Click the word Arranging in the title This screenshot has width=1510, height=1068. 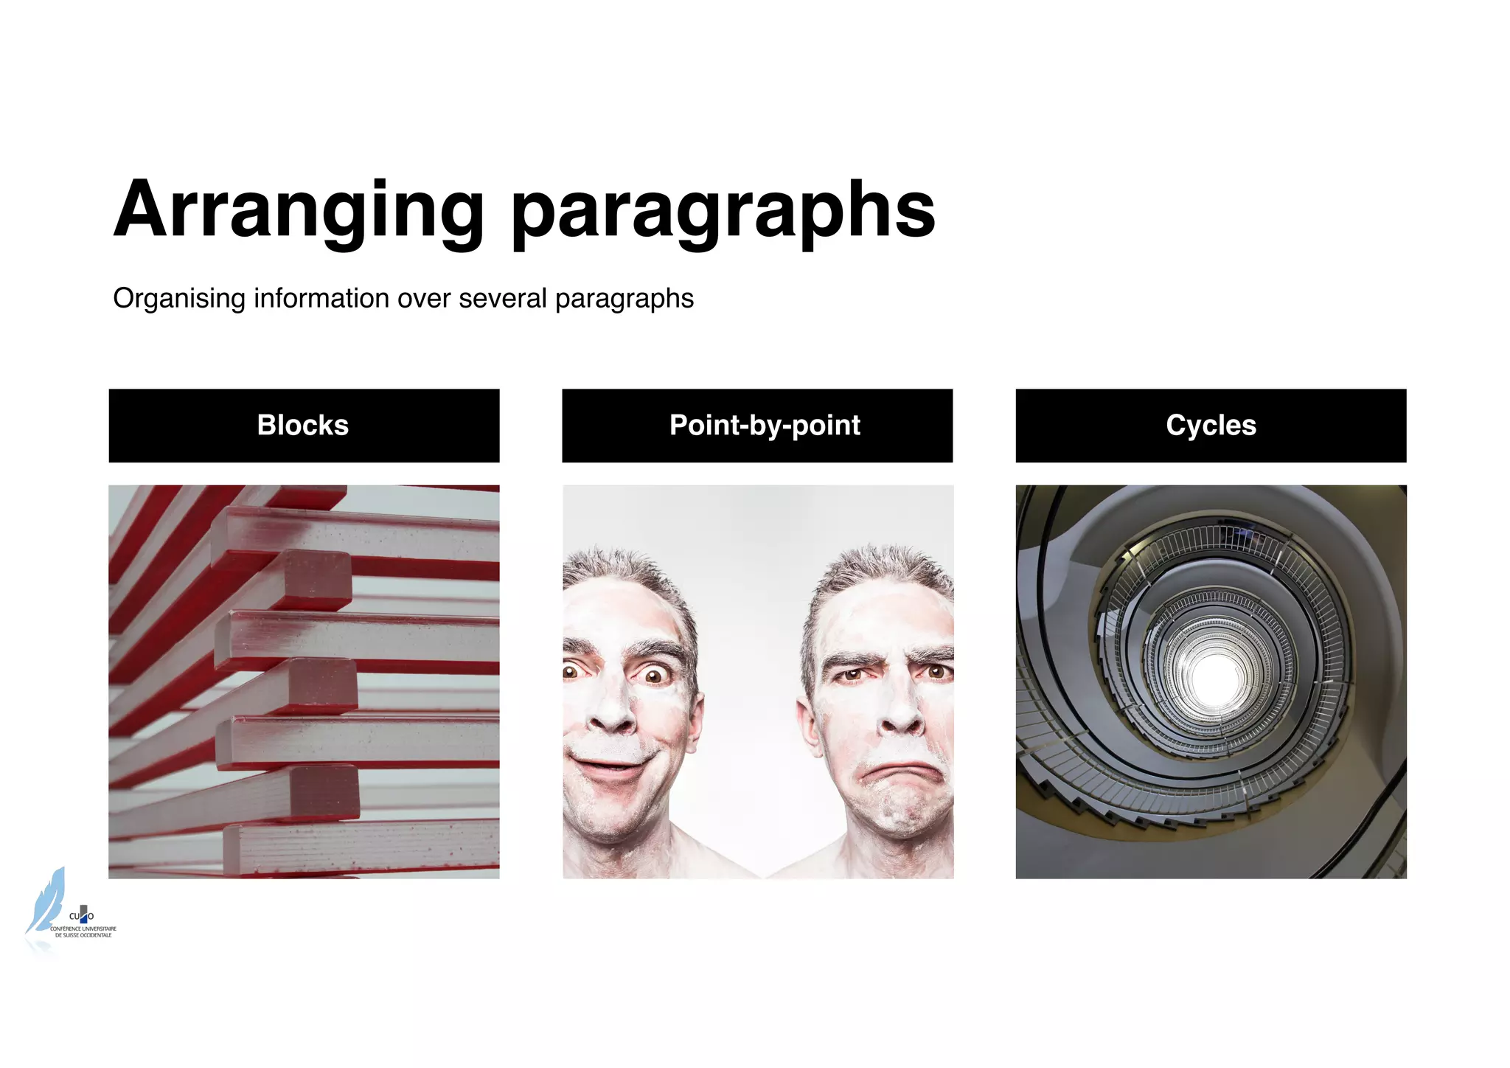(x=298, y=211)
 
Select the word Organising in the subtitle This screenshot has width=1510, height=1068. (x=179, y=299)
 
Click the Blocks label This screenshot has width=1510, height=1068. (x=303, y=426)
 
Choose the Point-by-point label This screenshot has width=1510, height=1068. (x=765, y=426)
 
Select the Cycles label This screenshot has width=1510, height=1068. (x=1211, y=426)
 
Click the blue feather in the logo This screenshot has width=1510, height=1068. (x=46, y=900)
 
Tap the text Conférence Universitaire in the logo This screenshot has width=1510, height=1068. (x=83, y=929)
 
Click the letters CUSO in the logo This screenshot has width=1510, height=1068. (x=81, y=916)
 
